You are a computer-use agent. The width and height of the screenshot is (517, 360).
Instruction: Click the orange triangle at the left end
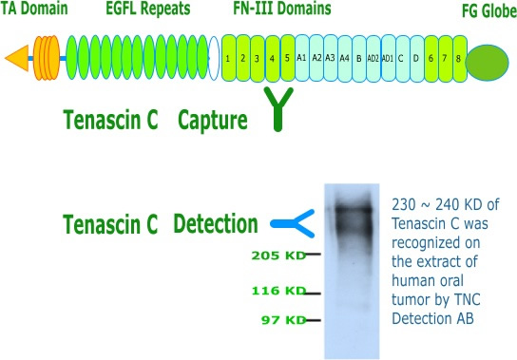(x=19, y=58)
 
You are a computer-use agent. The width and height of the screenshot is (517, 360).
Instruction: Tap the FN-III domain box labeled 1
(x=229, y=58)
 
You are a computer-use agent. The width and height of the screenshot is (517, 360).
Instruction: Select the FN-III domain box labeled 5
(x=288, y=58)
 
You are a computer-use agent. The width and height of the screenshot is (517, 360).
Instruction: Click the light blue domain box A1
(x=301, y=58)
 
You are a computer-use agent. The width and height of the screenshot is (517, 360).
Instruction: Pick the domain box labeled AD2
(x=373, y=58)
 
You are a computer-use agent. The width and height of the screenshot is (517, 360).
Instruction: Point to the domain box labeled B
(x=359, y=58)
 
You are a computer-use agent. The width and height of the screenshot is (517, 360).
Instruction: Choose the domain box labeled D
(x=417, y=58)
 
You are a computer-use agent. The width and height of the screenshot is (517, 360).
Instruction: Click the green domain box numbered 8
(x=460, y=58)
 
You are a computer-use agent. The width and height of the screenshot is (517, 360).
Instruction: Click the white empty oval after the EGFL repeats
(x=214, y=58)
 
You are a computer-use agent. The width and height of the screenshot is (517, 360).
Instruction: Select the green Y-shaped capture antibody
(x=278, y=109)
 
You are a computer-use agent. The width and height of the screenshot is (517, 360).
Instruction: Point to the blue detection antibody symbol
(x=293, y=223)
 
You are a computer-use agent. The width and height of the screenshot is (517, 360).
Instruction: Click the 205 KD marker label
(x=279, y=256)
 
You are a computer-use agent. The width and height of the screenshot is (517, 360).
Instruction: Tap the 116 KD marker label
(x=279, y=291)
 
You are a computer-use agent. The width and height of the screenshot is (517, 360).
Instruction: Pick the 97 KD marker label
(x=284, y=320)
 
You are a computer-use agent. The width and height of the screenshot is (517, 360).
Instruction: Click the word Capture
(x=213, y=120)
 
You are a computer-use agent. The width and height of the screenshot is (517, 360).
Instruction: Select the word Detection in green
(x=216, y=223)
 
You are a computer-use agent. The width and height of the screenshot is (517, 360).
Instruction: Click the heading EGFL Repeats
(x=148, y=9)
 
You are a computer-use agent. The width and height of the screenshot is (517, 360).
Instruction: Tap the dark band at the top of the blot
(x=353, y=209)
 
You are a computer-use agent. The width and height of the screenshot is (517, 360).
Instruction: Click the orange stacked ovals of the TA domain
(x=47, y=58)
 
